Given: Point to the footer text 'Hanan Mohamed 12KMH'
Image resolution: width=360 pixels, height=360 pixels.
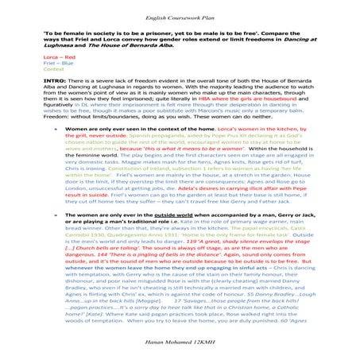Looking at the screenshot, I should point(180,347).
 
